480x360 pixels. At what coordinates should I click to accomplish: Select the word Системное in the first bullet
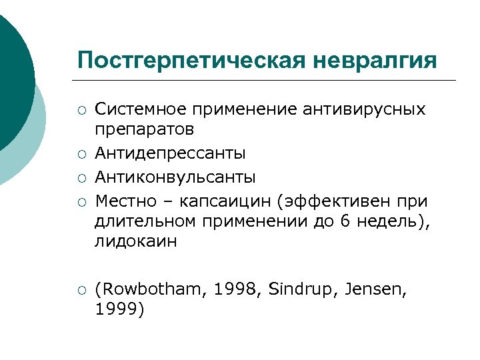coord(139,108)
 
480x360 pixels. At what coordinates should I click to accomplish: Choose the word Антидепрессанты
coord(170,153)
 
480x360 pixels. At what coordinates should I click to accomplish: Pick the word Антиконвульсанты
coord(175,177)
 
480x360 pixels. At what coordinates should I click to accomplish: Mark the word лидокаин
coord(136,241)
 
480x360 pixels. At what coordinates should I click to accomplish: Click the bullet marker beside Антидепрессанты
coord(81,155)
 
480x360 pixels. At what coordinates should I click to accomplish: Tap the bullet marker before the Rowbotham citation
coord(81,290)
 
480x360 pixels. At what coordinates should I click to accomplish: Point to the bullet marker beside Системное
coord(81,109)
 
